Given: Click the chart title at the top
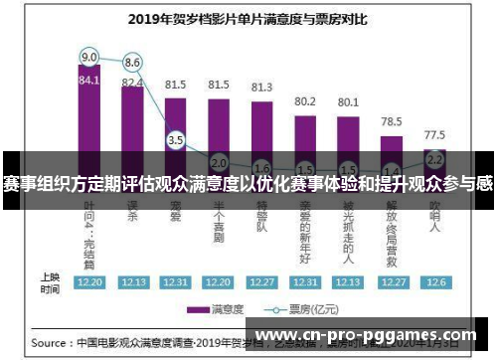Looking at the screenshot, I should [249, 18].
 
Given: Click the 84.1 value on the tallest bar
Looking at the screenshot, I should [89, 81].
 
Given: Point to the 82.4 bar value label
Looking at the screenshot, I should [132, 82].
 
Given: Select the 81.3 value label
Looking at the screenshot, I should [261, 88].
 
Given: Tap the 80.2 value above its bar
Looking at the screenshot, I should [305, 101].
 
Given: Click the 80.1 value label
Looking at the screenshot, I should [348, 101].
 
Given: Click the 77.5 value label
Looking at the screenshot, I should [434, 133].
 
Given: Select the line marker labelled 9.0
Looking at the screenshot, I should [89, 56].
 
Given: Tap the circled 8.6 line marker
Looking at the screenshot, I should [132, 62].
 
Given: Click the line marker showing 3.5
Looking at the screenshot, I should [176, 140].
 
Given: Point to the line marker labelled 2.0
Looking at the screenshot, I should [219, 162].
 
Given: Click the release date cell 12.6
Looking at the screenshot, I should [434, 282].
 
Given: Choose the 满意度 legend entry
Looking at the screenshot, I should [223, 309].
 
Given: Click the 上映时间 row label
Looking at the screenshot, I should [49, 281].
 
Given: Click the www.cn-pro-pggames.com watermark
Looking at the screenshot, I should [367, 336].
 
